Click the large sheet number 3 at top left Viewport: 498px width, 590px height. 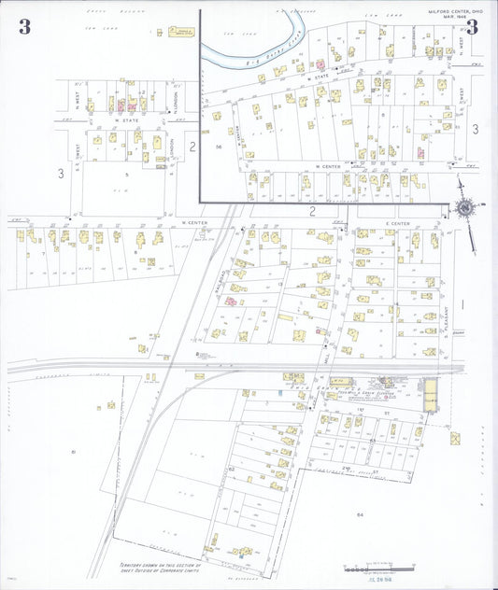click(24, 26)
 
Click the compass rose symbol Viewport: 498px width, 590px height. click(464, 208)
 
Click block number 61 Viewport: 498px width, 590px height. click(73, 452)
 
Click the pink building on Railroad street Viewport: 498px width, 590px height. click(228, 302)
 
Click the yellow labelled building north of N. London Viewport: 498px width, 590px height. click(178, 34)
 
